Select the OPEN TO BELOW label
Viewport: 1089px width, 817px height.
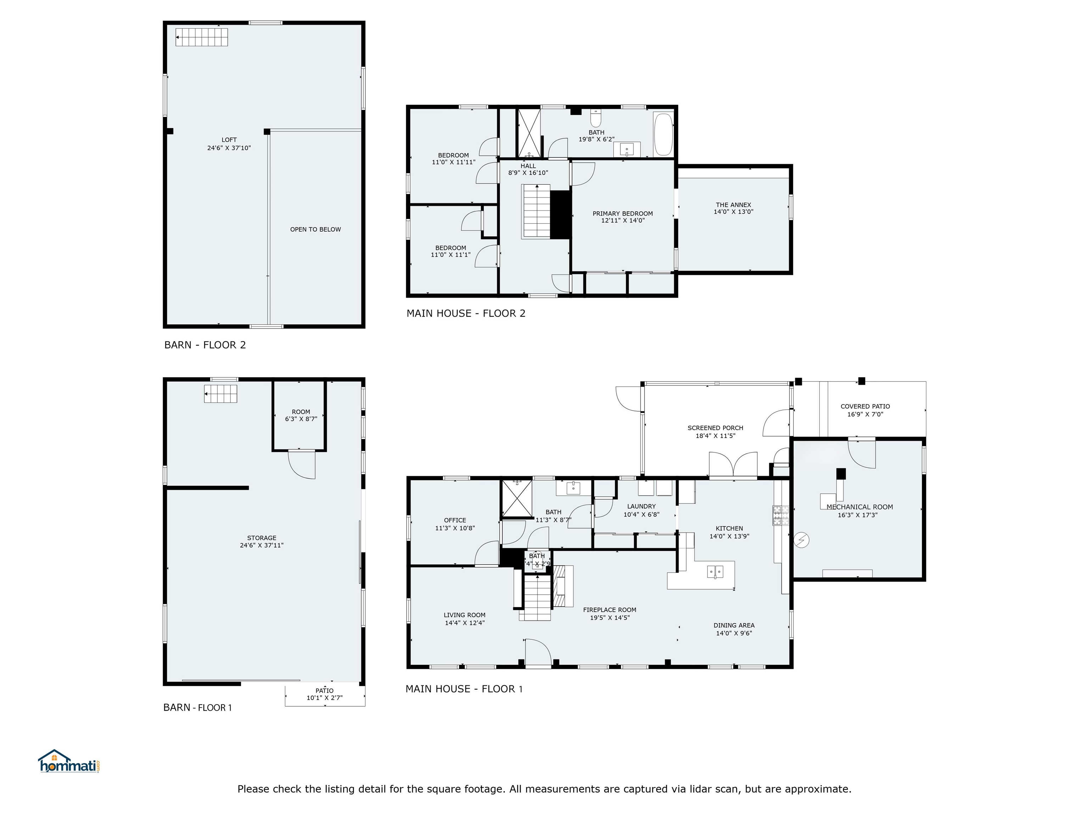pyautogui.click(x=315, y=229)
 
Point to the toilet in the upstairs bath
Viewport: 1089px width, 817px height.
pyautogui.click(x=596, y=118)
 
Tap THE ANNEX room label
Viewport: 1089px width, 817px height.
pyautogui.click(x=733, y=205)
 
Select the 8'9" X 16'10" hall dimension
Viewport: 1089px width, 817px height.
pyautogui.click(x=528, y=173)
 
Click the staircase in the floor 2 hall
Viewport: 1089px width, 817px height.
pyautogui.click(x=536, y=211)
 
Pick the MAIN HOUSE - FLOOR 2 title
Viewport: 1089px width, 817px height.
pyautogui.click(x=466, y=313)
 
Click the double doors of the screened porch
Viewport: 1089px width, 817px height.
pyautogui.click(x=733, y=465)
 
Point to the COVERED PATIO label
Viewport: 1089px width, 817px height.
pyautogui.click(x=865, y=406)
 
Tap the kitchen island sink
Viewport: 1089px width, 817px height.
pyautogui.click(x=715, y=571)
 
